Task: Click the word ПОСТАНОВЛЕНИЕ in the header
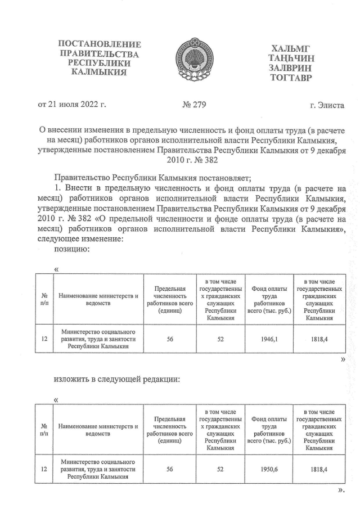pos(100,44)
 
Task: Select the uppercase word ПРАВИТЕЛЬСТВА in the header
pos(100,54)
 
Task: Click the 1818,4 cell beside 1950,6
pos(318,467)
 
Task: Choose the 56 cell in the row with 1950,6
pos(169,467)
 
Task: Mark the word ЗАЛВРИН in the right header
pos(292,67)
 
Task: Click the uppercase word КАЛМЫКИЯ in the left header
pos(100,73)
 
